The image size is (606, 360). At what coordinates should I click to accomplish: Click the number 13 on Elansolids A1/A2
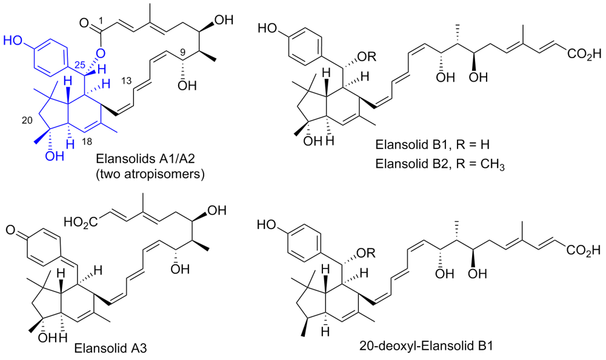(127, 81)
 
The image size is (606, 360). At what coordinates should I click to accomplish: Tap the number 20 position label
(27, 121)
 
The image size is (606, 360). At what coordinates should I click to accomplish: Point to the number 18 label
(87, 142)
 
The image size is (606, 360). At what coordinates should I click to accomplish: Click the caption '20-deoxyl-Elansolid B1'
(426, 345)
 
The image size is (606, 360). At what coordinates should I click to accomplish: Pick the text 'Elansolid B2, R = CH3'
(440, 164)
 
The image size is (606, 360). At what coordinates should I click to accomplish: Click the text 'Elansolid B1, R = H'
(432, 145)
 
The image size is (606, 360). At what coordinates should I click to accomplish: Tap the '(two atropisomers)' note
(150, 175)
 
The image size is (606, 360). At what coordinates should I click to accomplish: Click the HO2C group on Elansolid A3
(81, 222)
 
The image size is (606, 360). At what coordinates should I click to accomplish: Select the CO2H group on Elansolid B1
(584, 54)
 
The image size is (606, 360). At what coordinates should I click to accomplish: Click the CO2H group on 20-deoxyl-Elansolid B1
(584, 250)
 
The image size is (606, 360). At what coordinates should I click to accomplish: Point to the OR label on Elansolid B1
(368, 57)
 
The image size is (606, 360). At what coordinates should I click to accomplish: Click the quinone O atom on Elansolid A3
(11, 232)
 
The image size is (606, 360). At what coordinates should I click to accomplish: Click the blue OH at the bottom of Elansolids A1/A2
(55, 156)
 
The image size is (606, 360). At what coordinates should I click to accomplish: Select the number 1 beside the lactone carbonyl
(102, 22)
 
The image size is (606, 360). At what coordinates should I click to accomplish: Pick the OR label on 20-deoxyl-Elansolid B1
(368, 254)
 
